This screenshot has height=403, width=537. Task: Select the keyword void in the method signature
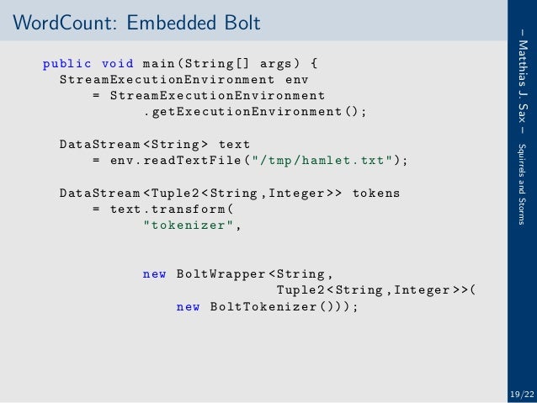pos(117,63)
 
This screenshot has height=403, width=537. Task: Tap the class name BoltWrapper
pos(221,273)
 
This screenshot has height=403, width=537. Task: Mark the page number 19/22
pos(521,394)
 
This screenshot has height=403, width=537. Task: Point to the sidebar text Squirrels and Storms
pos(523,177)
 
